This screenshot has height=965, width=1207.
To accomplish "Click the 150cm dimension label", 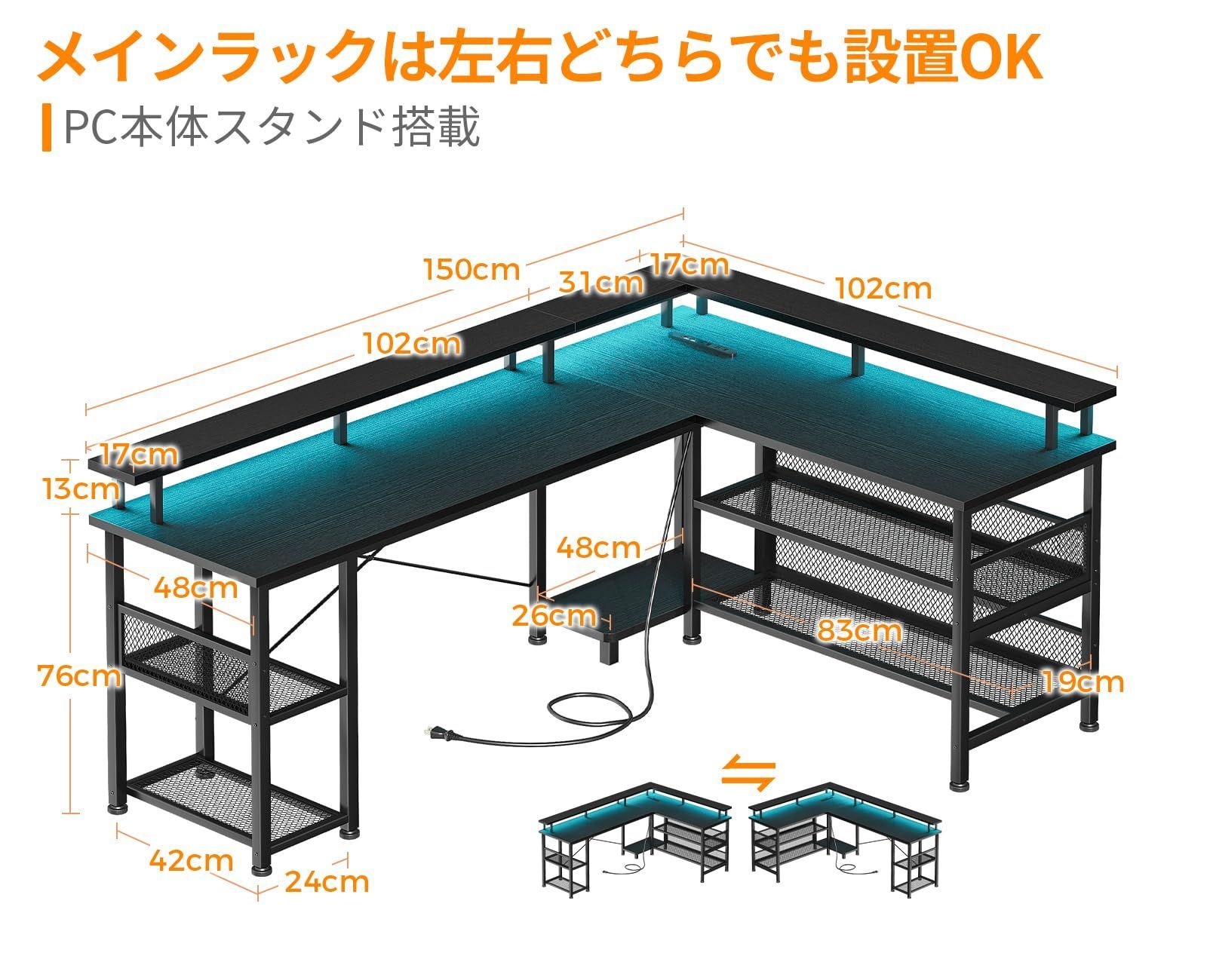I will (471, 269).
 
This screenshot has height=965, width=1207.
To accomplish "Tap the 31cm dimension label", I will (600, 283).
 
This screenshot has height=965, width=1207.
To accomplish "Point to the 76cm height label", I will (80, 676).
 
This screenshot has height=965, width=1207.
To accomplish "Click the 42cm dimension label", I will (191, 859).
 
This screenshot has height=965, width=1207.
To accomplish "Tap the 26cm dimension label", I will (553, 615).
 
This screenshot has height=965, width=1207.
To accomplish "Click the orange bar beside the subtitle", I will (47, 128).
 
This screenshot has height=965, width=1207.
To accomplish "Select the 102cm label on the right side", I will (883, 288).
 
